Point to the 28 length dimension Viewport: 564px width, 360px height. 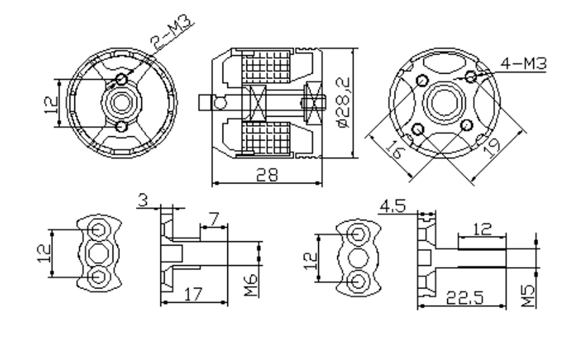[266, 174]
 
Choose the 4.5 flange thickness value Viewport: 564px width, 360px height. [392, 206]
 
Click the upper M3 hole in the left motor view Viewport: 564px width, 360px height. [123, 77]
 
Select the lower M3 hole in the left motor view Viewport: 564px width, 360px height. [123, 126]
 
